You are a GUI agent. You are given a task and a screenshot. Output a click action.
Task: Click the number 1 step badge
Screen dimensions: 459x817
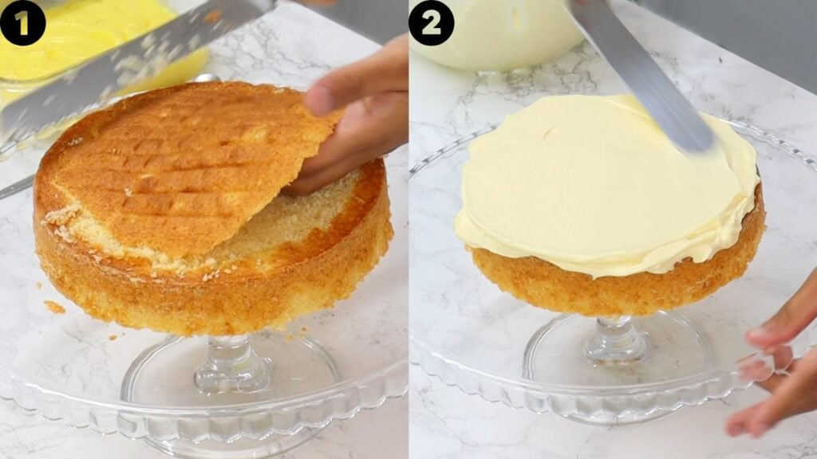22,22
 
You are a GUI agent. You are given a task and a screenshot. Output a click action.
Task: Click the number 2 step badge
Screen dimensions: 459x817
431,22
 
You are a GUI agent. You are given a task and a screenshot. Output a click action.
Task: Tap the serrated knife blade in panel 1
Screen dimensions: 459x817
120,64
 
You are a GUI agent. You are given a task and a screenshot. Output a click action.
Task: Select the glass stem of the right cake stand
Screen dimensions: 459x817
614,339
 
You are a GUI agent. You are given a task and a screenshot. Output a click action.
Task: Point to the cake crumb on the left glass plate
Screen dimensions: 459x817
54,307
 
